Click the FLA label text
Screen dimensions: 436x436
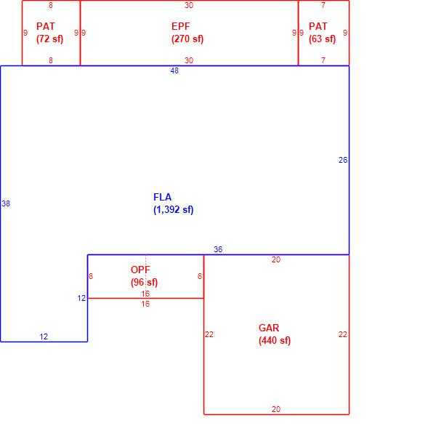(x=162, y=197)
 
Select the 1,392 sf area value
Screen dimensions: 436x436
(x=173, y=210)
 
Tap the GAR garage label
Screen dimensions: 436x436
(x=269, y=328)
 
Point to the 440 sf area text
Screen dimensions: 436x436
(x=275, y=340)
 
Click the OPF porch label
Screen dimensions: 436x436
(x=140, y=270)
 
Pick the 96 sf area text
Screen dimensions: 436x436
(x=144, y=282)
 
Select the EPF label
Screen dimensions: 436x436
(x=181, y=26)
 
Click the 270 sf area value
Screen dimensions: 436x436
(x=187, y=39)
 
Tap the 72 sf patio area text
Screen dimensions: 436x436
(x=49, y=39)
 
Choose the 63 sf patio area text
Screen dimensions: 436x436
(x=322, y=39)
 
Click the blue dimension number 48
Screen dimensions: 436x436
(x=174, y=71)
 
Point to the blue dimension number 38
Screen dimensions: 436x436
(x=6, y=203)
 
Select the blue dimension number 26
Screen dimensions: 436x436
(x=343, y=160)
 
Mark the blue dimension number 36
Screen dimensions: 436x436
(x=218, y=249)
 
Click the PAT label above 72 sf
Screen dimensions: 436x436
(x=46, y=26)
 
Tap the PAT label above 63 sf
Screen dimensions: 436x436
(x=318, y=26)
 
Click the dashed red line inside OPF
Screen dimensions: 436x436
(x=145, y=277)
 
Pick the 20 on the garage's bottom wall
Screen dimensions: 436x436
(x=276, y=409)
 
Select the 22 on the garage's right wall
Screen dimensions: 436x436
(x=343, y=334)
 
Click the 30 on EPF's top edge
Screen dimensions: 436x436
(x=189, y=5)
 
